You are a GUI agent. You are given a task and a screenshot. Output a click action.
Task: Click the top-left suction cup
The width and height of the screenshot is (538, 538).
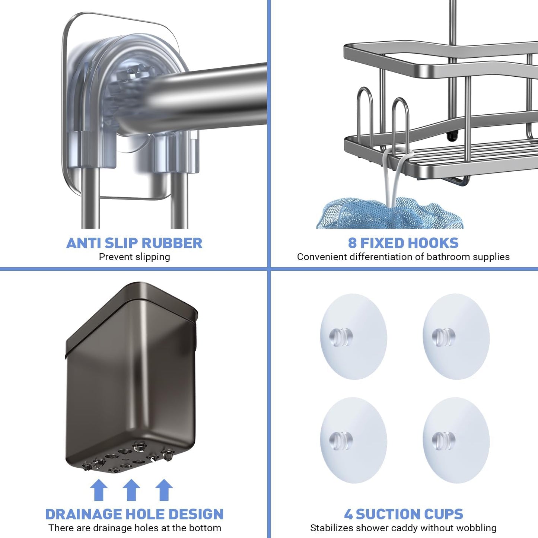353,337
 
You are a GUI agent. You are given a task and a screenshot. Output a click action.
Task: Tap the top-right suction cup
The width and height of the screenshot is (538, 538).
456,337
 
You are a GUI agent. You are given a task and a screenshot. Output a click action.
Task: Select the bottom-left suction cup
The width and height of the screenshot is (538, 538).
353,440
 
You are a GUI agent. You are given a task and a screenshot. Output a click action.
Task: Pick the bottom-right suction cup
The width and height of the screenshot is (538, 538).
456,440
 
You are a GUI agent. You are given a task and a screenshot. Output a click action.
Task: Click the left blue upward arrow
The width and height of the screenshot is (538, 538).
99,490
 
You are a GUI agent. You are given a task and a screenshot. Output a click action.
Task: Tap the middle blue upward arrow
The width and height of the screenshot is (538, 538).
131,490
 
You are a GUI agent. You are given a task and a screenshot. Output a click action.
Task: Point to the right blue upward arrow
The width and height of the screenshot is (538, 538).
164,490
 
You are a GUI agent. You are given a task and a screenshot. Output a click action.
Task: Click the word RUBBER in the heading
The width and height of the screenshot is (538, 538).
172,243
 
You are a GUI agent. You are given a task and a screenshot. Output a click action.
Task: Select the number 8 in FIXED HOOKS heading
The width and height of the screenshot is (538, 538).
352,243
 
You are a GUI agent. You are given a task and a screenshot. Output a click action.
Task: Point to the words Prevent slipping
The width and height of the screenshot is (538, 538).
134,257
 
